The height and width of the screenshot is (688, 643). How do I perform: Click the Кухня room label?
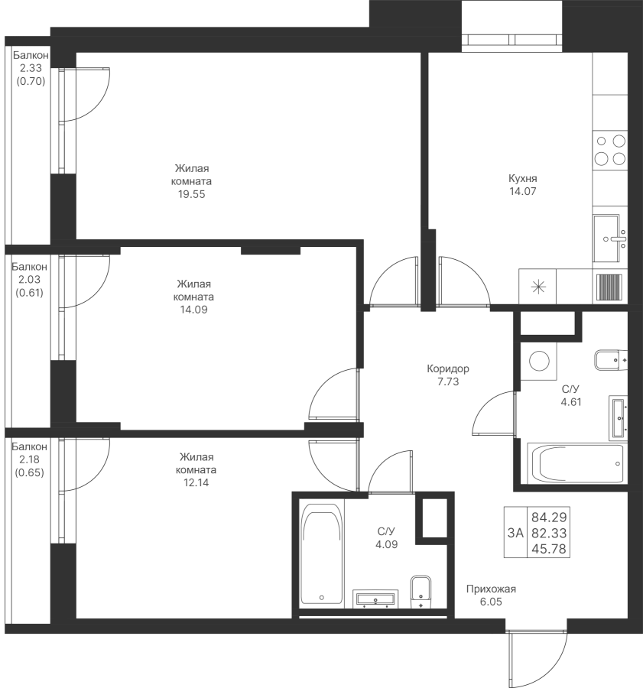[522, 178]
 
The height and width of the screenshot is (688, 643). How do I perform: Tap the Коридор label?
[448, 368]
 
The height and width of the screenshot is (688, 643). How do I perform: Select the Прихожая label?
[492, 589]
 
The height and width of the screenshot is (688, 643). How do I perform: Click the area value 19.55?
[191, 194]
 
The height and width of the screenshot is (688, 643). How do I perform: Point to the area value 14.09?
[191, 310]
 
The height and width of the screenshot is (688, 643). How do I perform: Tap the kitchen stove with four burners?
[610, 150]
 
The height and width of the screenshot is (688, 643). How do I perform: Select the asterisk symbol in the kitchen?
[538, 287]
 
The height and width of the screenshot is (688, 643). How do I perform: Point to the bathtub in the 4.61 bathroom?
[577, 462]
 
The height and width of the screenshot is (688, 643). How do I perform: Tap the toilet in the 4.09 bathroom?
[420, 590]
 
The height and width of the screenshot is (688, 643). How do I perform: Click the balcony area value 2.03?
[31, 279]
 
